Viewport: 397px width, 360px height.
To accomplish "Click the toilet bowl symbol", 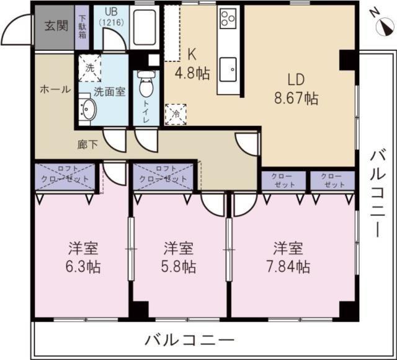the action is tap(146, 84).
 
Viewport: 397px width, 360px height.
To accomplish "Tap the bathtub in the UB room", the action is tap(145, 28).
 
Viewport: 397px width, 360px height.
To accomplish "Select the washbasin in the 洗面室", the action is tap(87, 109).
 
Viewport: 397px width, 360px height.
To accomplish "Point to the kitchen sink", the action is tap(228, 69).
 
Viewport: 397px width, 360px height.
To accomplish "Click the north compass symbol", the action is tap(385, 27).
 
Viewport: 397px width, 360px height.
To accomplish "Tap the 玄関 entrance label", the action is tap(56, 25).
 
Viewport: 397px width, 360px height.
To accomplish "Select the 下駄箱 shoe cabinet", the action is tap(82, 28).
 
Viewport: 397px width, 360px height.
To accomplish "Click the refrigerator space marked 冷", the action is tap(176, 115).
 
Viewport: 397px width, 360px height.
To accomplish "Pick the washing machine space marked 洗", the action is tap(89, 68).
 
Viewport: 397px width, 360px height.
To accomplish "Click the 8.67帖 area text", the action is tap(297, 99).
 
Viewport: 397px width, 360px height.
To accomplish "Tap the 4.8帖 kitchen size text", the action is tap(192, 74).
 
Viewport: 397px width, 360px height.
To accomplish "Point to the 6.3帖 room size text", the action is tap(83, 267).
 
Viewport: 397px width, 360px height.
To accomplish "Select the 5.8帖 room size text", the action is tap(179, 267).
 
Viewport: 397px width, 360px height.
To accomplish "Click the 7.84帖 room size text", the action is tap(288, 267).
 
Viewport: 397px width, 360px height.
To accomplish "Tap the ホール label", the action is tap(55, 90).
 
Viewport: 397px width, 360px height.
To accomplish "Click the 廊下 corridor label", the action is tap(87, 145).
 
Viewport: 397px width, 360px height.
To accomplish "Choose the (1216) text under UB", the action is tap(112, 22).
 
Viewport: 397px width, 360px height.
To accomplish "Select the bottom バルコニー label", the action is tap(189, 340).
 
